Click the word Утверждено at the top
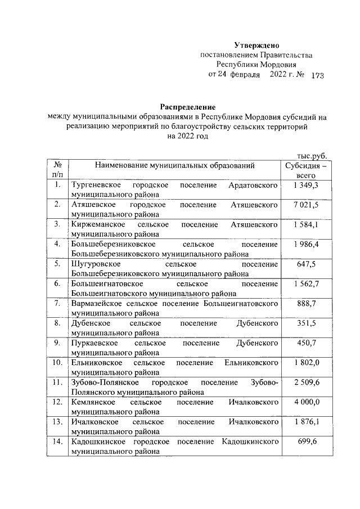point(256,45)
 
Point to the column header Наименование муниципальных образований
point(175,166)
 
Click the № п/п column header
point(57,170)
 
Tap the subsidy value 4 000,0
point(306,402)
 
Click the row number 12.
point(57,402)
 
